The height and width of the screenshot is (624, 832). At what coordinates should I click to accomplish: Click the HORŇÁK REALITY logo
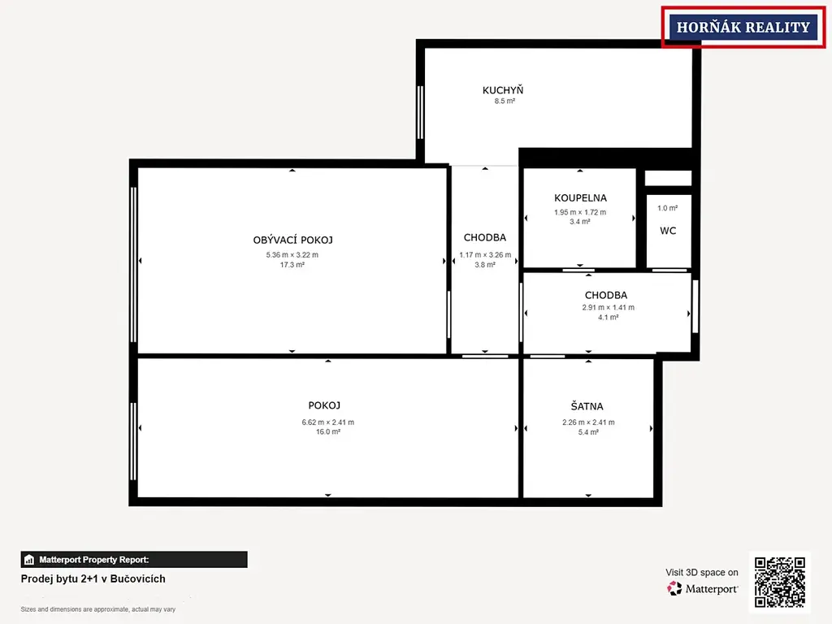743,27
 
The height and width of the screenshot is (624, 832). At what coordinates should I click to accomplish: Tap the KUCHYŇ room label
502,90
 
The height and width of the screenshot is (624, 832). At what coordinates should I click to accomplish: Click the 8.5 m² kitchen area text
505,101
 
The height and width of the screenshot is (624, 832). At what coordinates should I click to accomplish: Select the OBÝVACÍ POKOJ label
292,240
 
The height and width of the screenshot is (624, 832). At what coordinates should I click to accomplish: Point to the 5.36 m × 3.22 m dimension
292,254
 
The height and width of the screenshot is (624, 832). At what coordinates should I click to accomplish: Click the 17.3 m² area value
292,265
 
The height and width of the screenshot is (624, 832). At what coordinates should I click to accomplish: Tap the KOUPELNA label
580,198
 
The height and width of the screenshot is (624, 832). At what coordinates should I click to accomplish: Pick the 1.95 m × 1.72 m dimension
580,212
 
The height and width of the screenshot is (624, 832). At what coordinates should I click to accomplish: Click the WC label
668,231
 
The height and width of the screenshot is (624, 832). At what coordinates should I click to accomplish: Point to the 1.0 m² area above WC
668,208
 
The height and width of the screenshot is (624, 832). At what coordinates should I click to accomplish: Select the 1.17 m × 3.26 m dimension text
485,254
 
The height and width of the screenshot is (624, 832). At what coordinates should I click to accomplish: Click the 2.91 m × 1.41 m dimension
608,307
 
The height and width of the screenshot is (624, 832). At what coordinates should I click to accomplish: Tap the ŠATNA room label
587,406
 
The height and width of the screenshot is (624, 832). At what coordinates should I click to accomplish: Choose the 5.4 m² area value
588,432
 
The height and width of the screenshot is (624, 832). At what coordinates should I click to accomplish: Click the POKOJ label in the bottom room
324,405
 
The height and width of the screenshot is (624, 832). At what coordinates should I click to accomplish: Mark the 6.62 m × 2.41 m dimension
328,422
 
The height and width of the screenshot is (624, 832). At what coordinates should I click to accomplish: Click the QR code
780,582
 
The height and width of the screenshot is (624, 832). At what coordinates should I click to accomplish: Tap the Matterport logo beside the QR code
703,588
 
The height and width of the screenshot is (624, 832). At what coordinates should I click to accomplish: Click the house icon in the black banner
29,560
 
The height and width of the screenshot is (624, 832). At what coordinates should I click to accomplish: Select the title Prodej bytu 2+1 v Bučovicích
93,578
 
